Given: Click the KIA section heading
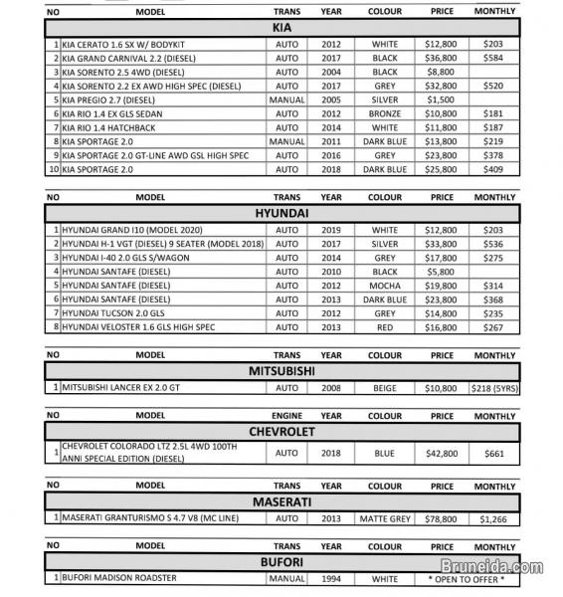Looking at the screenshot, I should point(281,29).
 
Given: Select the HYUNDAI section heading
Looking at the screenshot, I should point(281,213).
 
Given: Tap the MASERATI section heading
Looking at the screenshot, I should point(281,500).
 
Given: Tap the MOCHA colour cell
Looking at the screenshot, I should point(384,286).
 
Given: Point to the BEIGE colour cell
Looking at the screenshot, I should point(384,387).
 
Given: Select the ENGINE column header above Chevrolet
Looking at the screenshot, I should point(287,415).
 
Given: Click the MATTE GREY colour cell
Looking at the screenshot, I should point(384,518).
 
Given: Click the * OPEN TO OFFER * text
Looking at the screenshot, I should point(467,579).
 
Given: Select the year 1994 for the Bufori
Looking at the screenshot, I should point(331,579).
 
